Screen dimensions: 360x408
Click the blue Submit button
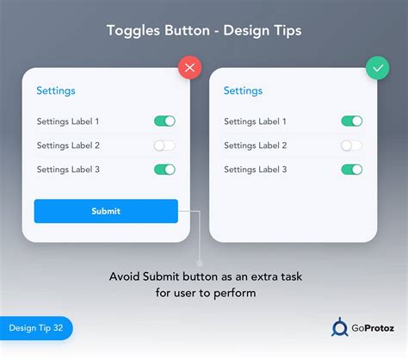(106, 211)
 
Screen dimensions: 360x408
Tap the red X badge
(189, 68)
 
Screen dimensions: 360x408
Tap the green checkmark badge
(377, 68)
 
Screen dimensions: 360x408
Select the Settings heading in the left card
(55, 90)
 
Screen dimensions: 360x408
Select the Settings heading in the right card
(243, 90)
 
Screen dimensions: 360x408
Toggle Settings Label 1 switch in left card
(164, 121)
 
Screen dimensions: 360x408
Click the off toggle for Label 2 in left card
(164, 146)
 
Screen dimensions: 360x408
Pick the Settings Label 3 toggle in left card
(164, 170)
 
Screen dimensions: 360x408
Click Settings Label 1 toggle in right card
(352, 121)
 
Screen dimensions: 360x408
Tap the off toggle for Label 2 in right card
(352, 146)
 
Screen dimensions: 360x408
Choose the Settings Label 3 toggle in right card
(352, 170)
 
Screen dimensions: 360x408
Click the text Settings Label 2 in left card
(68, 146)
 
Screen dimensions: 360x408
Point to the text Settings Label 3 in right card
(256, 170)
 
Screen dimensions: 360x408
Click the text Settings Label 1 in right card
(256, 121)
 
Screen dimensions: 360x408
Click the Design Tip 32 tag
(35, 328)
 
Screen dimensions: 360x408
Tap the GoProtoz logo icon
(340, 327)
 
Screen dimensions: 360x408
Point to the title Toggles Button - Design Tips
(203, 31)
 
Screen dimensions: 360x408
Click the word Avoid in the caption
(125, 276)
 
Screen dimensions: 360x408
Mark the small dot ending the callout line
(200, 263)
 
